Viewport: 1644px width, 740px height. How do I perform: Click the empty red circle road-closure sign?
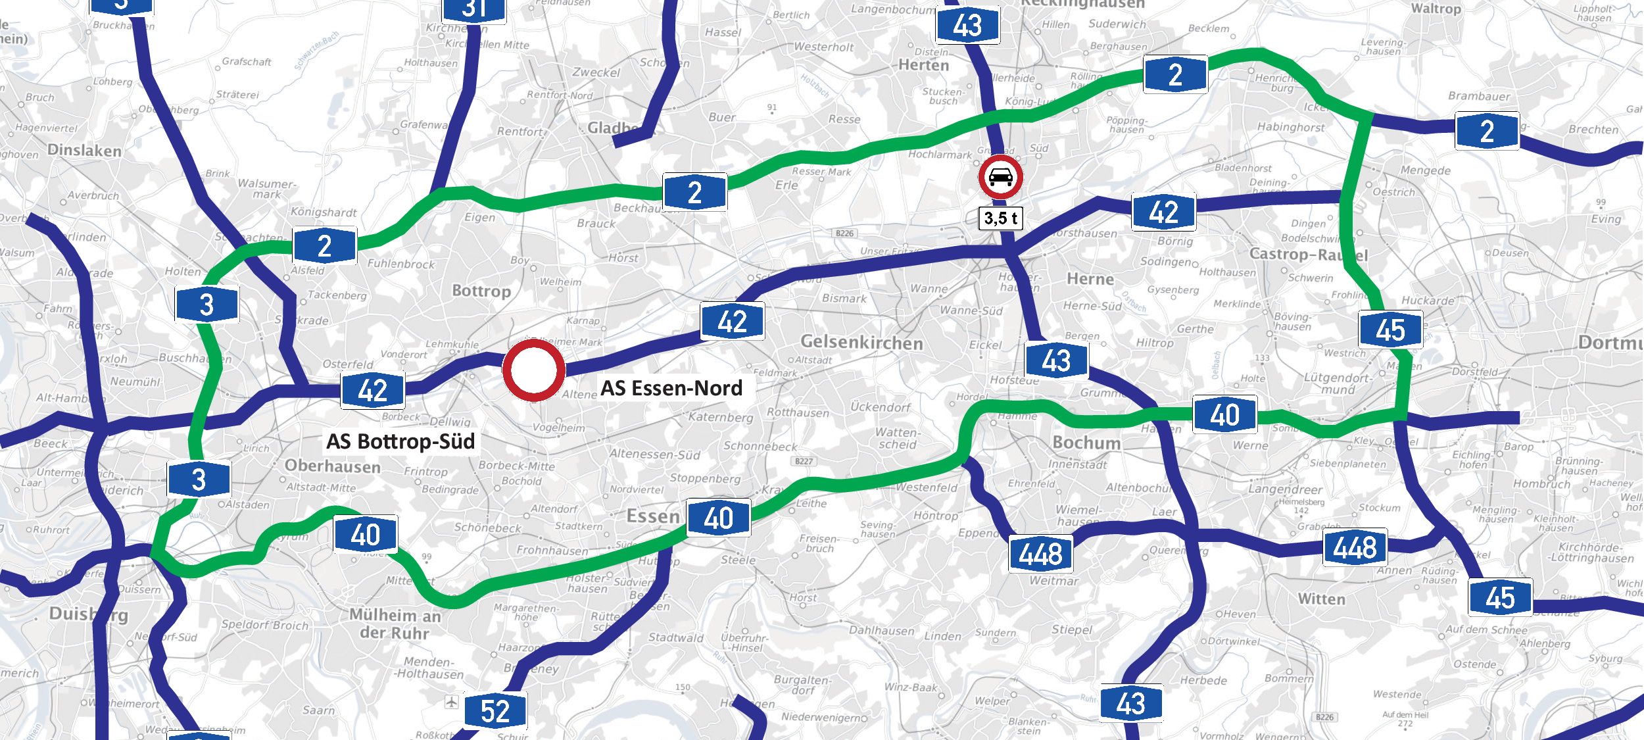coord(533,370)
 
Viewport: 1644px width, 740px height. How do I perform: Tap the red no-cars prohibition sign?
coord(1000,178)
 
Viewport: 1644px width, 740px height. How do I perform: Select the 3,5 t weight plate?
coord(1001,218)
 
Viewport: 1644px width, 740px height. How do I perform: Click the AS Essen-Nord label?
coord(671,388)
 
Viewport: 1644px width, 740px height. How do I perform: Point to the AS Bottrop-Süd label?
coord(400,441)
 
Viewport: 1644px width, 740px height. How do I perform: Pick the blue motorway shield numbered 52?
coord(495,711)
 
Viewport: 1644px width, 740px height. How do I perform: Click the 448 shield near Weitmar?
coord(1041,553)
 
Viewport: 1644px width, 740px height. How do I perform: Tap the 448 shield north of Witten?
coord(1355,547)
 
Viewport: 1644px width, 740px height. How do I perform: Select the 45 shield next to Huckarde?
coord(1391,330)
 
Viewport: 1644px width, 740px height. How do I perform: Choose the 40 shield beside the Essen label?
coord(718,518)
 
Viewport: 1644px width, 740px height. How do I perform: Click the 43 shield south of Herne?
coord(1056,360)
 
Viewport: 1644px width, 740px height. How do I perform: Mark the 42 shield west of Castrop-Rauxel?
coord(1163,212)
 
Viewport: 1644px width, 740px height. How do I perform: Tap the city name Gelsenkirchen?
coord(861,343)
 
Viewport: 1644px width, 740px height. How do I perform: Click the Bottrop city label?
coord(481,291)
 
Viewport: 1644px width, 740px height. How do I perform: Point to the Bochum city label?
coord(1086,442)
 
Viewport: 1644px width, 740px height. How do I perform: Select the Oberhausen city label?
coord(333,466)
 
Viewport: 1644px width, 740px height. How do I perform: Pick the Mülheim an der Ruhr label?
coord(395,624)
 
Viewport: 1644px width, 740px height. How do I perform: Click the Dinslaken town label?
coord(85,151)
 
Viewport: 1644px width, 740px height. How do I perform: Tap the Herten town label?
coord(923,65)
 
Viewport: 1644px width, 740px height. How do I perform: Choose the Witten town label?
coord(1321,599)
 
